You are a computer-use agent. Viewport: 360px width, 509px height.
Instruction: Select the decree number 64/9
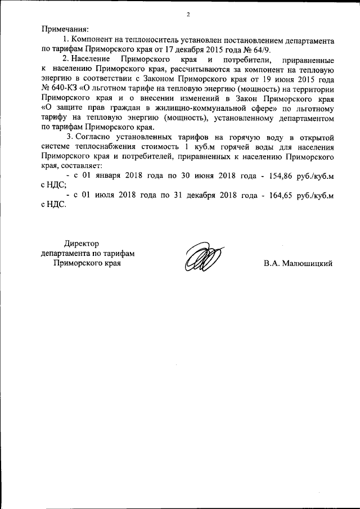click(260, 48)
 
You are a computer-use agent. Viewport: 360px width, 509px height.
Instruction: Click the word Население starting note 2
click(93, 60)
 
